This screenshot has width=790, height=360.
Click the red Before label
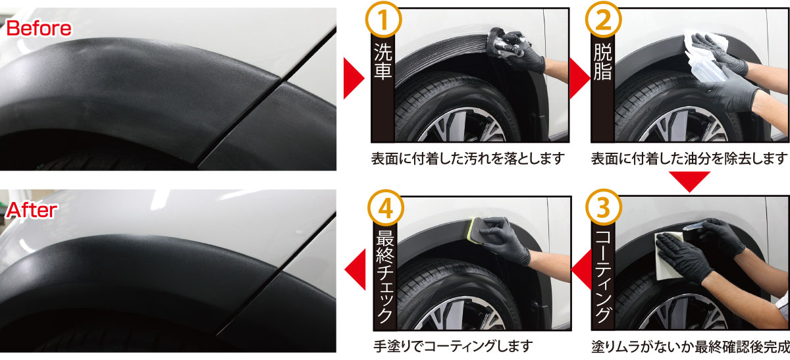[x=39, y=28]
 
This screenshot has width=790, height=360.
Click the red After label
[x=32, y=210]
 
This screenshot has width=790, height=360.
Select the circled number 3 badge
[x=602, y=207]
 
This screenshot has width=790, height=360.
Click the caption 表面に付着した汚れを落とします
[x=468, y=159]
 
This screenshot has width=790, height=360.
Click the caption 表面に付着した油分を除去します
[x=689, y=159]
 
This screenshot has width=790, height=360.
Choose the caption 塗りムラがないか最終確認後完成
[x=689, y=346]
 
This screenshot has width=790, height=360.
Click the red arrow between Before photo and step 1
[x=354, y=82]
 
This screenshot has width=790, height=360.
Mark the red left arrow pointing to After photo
[x=355, y=269]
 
